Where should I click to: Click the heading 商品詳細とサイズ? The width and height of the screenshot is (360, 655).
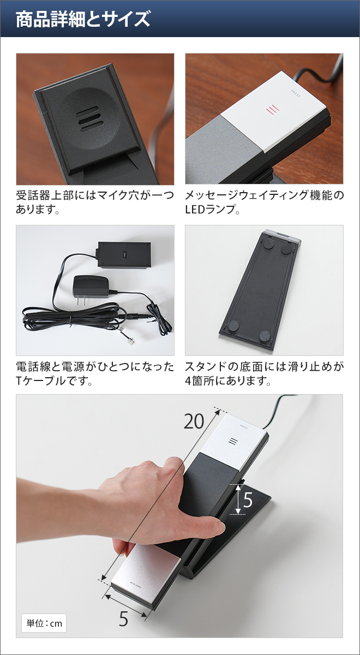[83, 19]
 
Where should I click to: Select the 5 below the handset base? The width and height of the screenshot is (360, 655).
[124, 619]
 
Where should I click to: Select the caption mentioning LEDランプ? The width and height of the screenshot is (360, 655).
[264, 202]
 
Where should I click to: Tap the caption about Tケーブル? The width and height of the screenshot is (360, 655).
[95, 373]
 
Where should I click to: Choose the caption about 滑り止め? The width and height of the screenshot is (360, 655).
[264, 373]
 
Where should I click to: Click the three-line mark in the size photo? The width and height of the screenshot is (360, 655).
[233, 441]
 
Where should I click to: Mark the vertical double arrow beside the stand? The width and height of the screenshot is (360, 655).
[238, 498]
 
